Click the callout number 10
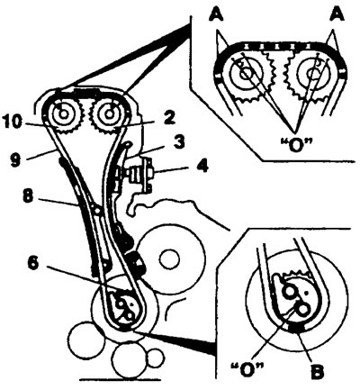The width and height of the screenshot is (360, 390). (13, 122)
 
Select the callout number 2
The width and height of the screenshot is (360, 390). (168, 118)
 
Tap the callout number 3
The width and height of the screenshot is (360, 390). (178, 142)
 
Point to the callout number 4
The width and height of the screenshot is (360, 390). (202, 166)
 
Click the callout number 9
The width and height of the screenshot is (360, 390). (15, 159)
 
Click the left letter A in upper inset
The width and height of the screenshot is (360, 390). (216, 14)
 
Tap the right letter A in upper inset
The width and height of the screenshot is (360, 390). (337, 14)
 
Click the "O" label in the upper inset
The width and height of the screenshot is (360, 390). (296, 146)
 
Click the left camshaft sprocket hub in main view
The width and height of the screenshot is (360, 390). (63, 113)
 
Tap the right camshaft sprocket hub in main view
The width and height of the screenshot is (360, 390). (109, 113)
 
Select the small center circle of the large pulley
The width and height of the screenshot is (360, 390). (170, 260)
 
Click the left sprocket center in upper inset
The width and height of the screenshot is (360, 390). (247, 73)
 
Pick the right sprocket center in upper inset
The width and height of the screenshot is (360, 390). (314, 73)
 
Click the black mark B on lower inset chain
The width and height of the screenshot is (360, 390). (295, 329)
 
